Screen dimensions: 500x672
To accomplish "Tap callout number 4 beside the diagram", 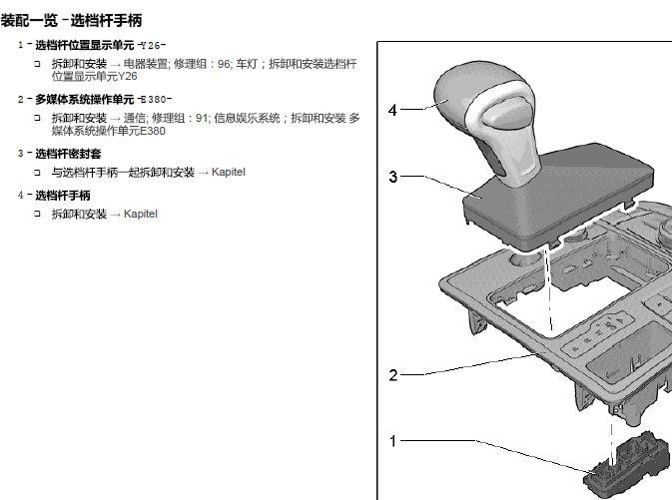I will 392,110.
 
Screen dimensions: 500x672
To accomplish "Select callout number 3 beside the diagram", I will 392,177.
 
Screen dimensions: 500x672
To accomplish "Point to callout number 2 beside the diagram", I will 392,376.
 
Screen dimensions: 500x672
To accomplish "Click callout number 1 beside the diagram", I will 392,440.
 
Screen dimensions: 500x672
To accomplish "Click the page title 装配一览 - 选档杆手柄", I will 71,19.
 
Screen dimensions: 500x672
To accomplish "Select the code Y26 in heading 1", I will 151,45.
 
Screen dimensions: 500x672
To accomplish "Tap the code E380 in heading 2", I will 155,99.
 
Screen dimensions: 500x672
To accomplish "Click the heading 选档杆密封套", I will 69,154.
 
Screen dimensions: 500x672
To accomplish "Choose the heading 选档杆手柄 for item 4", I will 63,196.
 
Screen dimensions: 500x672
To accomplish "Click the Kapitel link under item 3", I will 228,173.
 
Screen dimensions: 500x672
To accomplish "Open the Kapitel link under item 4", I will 141,215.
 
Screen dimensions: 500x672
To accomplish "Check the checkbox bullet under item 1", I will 36,64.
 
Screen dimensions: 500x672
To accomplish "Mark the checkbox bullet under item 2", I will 36,118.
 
